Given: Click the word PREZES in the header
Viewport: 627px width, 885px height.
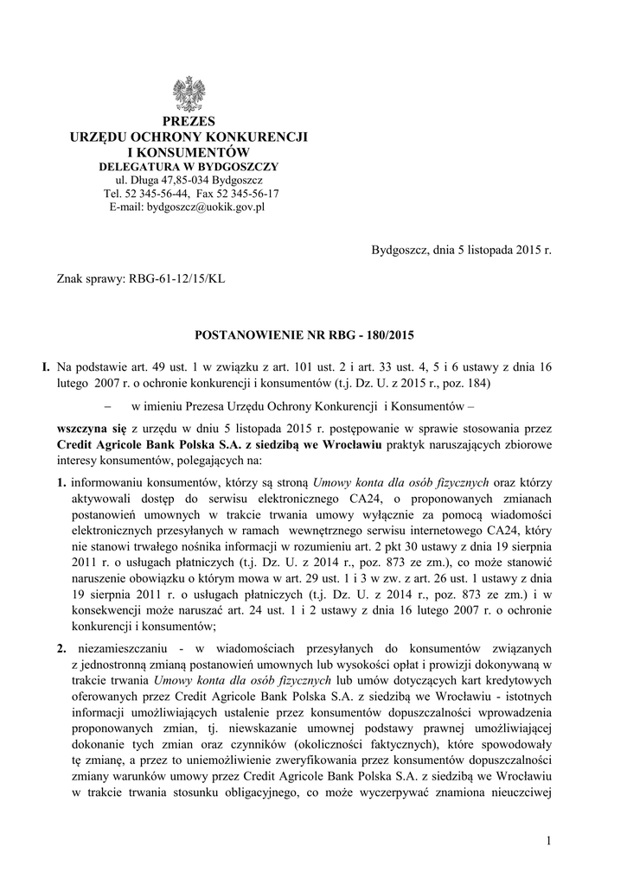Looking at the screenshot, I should [188, 121].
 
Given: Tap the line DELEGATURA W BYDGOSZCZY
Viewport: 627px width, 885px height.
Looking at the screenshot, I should [188, 166].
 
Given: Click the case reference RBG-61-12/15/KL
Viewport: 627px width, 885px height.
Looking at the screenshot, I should [177, 279].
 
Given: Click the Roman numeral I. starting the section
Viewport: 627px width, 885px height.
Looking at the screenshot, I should [47, 366].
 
